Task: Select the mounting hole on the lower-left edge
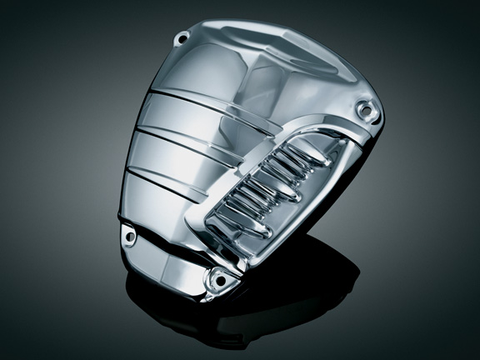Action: pos(130,237)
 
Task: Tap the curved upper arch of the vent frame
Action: pos(308,130)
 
